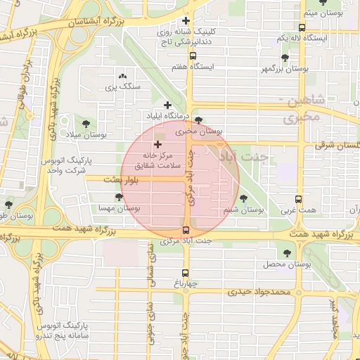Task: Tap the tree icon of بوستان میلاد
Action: click(85, 123)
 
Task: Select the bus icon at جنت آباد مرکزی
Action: click(186, 230)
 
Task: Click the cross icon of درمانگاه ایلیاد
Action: click(167, 105)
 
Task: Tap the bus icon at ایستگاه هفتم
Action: click(193, 56)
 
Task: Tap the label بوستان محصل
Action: click(287, 264)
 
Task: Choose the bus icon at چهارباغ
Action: click(186, 273)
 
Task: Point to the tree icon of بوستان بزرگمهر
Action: click(284, 58)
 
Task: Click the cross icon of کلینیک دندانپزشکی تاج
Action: click(186, 21)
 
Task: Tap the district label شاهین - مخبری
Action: click(302, 109)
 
